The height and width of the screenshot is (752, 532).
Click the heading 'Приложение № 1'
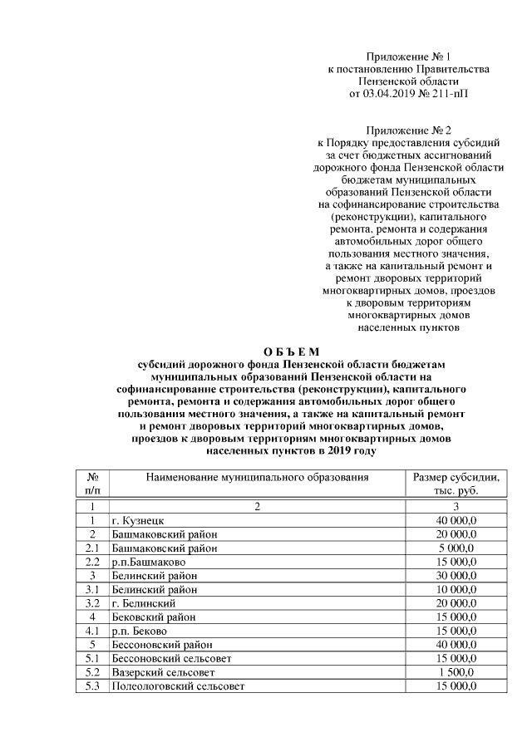point(408,57)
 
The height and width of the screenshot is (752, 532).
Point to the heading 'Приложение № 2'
point(408,130)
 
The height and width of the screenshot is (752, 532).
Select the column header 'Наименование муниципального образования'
point(257,478)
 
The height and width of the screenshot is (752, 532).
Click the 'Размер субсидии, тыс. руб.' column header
point(456,484)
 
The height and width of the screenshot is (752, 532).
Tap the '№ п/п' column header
point(94,484)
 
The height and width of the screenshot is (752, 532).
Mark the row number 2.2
point(94,562)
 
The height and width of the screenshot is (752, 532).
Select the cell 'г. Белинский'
point(144,602)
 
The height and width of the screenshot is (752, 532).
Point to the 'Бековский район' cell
point(155,617)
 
